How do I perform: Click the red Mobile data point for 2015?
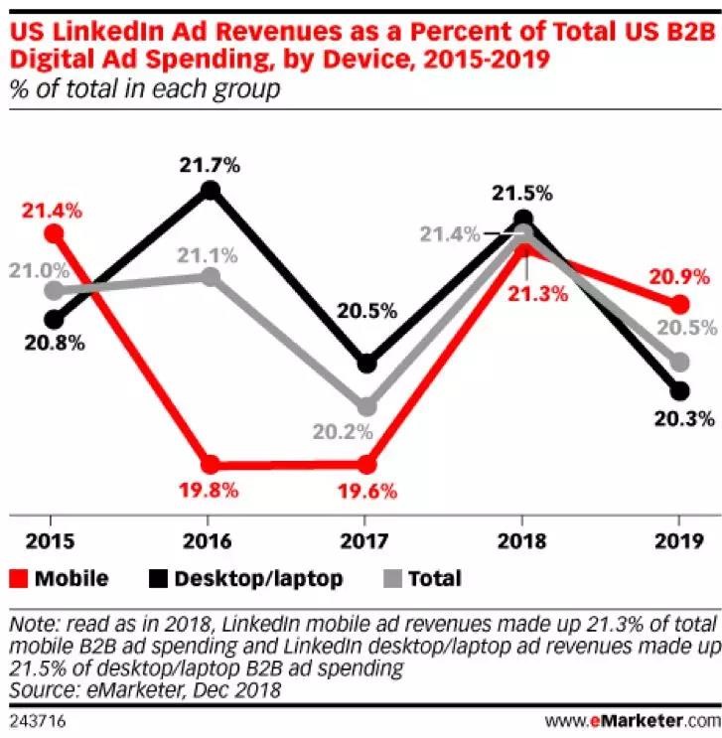[53, 233]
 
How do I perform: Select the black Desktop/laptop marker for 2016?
[210, 190]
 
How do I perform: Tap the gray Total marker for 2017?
[366, 406]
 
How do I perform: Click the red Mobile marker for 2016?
[210, 464]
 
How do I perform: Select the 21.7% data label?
[210, 165]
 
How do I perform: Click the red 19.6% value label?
[366, 490]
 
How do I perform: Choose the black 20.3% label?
[684, 418]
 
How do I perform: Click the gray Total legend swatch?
[391, 578]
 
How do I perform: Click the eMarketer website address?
[631, 718]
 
